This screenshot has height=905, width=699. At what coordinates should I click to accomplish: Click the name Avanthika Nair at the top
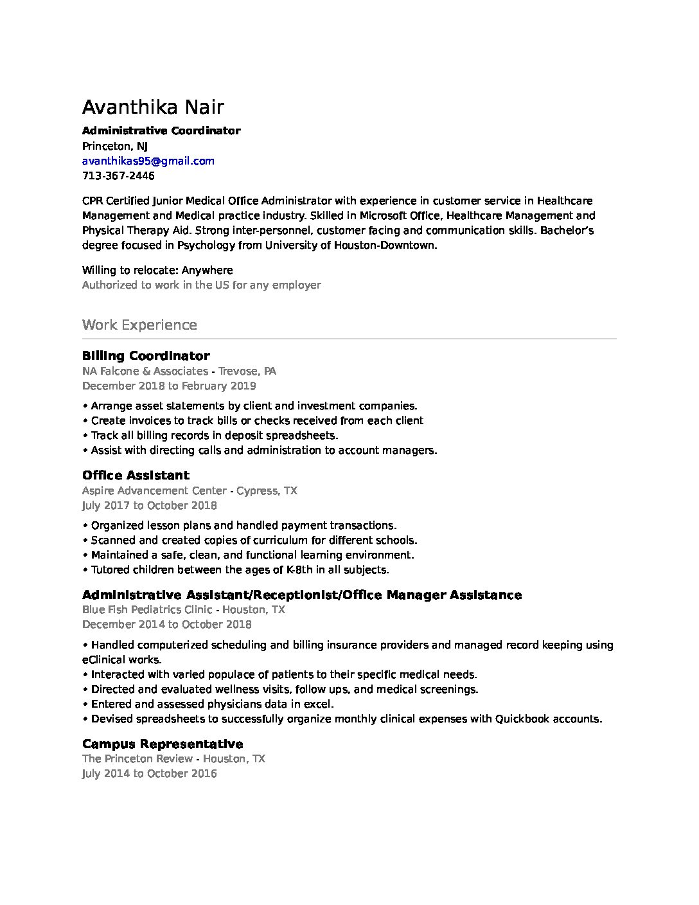153,107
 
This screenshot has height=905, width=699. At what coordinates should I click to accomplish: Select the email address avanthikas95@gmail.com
148,161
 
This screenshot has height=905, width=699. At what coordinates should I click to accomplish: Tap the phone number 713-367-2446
118,175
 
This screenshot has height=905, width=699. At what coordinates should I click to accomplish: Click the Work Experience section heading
139,325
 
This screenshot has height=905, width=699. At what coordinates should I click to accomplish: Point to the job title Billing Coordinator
146,355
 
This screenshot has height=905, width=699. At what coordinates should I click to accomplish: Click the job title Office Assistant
136,475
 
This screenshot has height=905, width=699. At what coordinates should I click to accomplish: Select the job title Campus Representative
163,744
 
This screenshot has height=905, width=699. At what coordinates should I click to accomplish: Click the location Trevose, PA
247,371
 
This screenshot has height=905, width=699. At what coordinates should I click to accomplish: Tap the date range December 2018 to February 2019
169,386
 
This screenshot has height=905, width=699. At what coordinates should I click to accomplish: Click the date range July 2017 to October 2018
149,505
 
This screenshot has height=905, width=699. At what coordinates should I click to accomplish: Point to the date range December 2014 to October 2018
166,624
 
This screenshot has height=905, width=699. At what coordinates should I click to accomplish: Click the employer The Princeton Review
137,758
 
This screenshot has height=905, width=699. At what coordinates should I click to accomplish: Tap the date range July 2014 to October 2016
149,773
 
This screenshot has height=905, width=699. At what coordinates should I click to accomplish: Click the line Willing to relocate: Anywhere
157,270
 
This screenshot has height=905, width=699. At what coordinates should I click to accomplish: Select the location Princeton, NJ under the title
115,146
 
